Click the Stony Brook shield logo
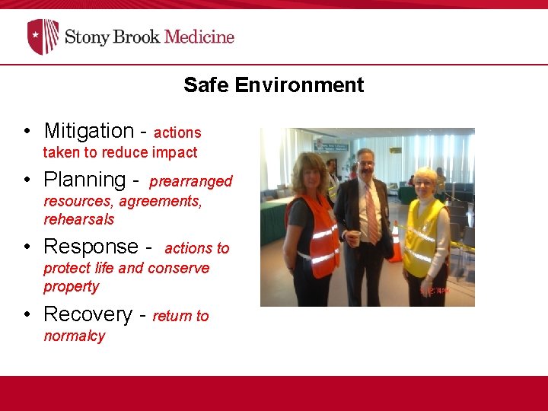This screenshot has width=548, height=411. (x=43, y=37)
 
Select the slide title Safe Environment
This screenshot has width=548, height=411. (x=273, y=85)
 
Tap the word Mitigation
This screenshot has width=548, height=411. (x=88, y=131)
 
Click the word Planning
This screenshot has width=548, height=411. (x=84, y=180)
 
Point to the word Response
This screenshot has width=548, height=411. (x=91, y=247)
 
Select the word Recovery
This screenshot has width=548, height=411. (x=88, y=314)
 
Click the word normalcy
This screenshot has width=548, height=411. (x=75, y=336)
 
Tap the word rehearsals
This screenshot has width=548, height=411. (x=79, y=219)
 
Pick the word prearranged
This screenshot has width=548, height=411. (x=191, y=181)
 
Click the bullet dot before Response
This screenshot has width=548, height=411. (x=27, y=247)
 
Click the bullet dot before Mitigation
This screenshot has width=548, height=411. (x=27, y=132)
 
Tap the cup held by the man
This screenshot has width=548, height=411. (x=352, y=238)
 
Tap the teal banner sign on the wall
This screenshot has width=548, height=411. (x=332, y=145)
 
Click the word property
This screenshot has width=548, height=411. (x=72, y=286)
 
